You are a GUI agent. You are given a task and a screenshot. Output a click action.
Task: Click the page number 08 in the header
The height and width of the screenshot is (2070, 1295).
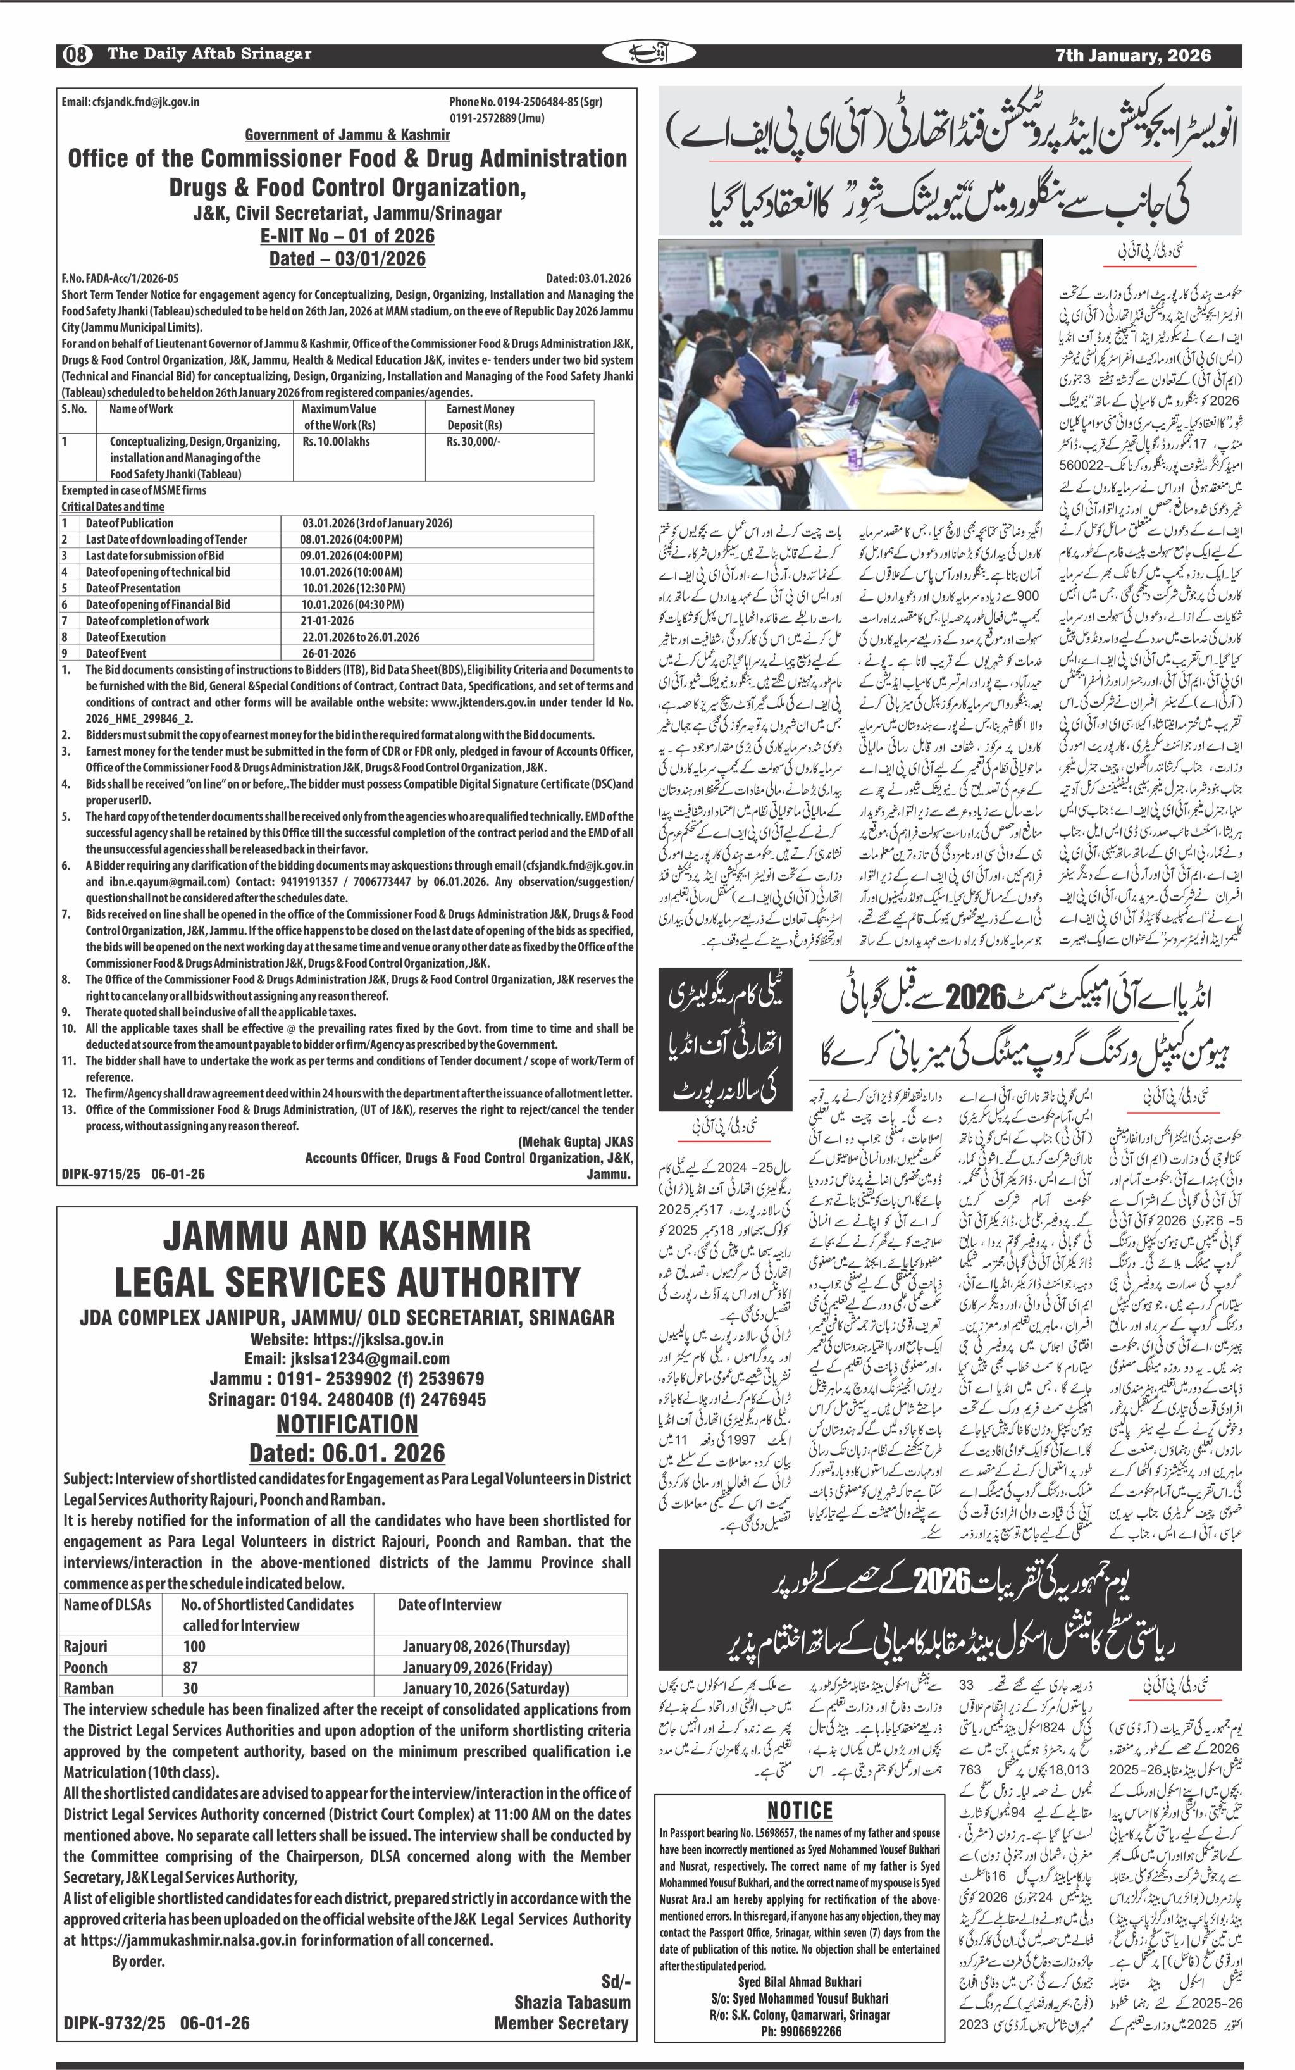pyautogui.click(x=75, y=56)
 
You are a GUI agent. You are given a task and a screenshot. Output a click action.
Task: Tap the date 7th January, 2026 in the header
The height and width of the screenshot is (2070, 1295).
pyautogui.click(x=1132, y=56)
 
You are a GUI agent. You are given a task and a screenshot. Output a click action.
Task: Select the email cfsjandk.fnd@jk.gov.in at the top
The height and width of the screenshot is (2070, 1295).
pyautogui.click(x=130, y=102)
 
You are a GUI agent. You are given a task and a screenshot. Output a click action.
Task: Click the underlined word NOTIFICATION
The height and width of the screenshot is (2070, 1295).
pyautogui.click(x=347, y=1424)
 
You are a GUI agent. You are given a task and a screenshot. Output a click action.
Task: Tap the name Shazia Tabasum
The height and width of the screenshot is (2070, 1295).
pyautogui.click(x=571, y=2002)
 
